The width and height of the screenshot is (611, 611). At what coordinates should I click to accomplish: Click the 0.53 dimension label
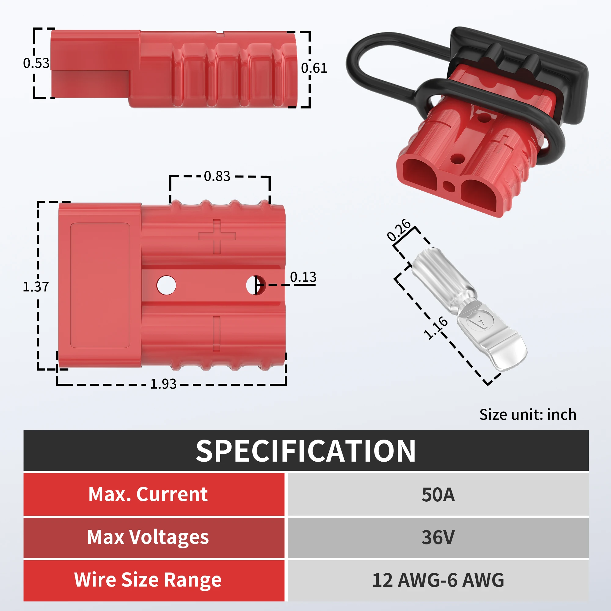coord(36,63)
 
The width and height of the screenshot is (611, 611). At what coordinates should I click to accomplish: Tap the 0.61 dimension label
coord(314,68)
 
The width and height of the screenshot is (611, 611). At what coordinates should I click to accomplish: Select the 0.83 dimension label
coord(217,176)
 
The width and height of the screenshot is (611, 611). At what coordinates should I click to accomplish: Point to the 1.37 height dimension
coord(36,287)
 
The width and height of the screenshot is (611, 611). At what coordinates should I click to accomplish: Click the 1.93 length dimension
coord(163,384)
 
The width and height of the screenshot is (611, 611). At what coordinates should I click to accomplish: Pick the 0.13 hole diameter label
coord(303,277)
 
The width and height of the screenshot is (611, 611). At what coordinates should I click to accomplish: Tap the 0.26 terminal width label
coord(399,230)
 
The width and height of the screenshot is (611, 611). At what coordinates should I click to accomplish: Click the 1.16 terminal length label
coord(435,327)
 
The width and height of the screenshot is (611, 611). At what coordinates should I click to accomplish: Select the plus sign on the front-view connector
coord(217,236)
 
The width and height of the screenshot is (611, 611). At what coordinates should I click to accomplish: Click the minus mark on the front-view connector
coord(217,334)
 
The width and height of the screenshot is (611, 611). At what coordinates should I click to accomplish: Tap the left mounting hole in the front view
coord(166,285)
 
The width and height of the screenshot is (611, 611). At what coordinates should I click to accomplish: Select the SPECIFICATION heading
coord(305,451)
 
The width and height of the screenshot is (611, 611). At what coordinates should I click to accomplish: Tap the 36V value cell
coord(438,537)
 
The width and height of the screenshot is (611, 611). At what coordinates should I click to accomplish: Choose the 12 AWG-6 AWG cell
coord(438,580)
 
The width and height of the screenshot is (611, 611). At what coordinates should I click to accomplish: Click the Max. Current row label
coord(148,494)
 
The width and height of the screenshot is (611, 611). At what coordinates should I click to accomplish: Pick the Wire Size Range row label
coord(148,580)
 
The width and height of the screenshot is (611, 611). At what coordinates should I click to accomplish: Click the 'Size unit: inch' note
coord(528,415)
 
